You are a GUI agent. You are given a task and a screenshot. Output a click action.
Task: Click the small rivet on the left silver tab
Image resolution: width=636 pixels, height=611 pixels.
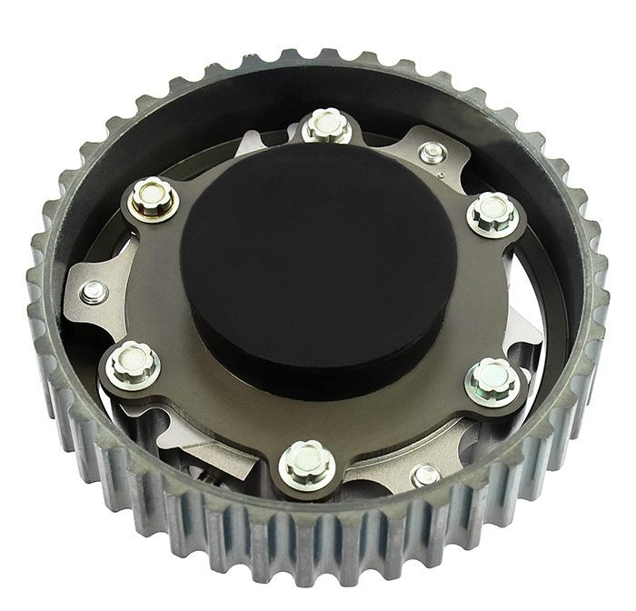[x=91, y=290]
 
